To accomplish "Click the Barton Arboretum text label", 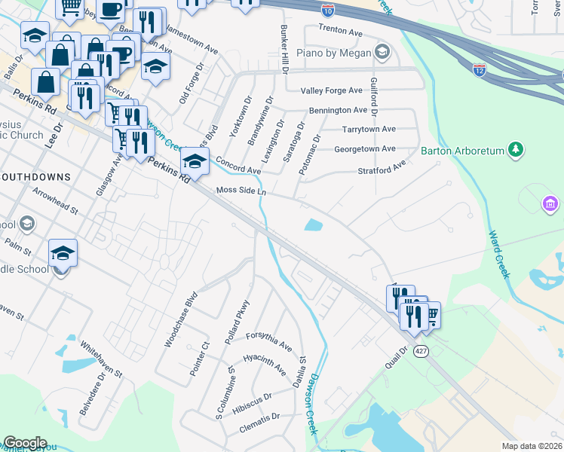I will point(462,150).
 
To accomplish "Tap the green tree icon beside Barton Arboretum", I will point(516,149).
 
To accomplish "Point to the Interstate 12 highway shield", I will point(480,69).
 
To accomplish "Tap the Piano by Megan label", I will point(344,53).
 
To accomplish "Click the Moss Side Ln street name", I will point(241,191).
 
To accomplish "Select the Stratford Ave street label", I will point(382,166).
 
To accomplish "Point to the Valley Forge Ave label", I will point(332,90).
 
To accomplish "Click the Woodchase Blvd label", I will point(181,319).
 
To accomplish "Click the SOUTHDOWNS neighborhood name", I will point(35,177).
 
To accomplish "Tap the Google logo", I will point(24,443).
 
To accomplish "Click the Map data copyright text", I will point(532,446).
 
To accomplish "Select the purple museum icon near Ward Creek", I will point(550,203).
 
